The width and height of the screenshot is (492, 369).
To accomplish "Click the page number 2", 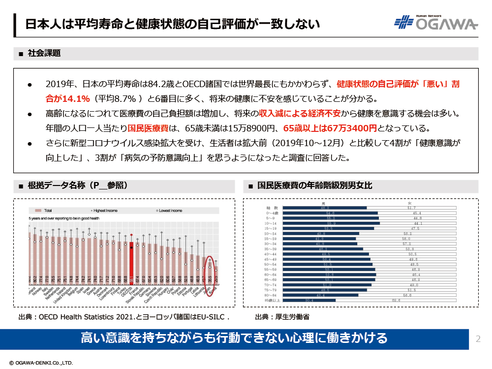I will pyautogui.click(x=478, y=338).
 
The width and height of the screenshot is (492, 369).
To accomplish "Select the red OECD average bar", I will pyautogui.click(x=131, y=260).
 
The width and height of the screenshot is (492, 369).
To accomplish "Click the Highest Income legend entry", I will pyautogui.click(x=107, y=210).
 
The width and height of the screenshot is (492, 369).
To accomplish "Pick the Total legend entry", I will pyautogui.click(x=43, y=210).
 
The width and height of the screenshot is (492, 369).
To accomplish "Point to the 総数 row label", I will pyautogui.click(x=273, y=208).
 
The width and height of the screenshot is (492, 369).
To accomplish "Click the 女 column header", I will pyautogui.click(x=409, y=203).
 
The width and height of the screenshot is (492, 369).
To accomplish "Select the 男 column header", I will pyautogui.click(x=323, y=203).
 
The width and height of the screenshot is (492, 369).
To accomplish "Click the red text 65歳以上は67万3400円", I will pyautogui.click(x=330, y=128).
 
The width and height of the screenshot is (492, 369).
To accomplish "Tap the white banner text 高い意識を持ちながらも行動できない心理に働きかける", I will pyautogui.click(x=234, y=338).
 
